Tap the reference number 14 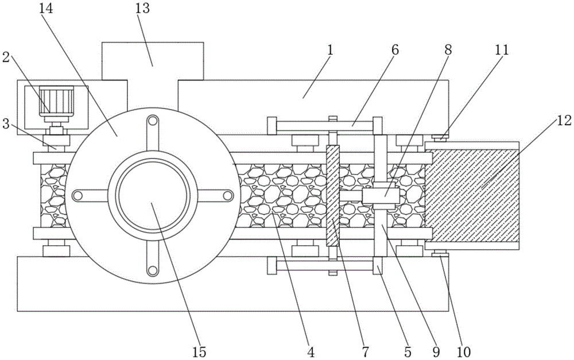[x=46, y=8]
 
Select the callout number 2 [x=6, y=57]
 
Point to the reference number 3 [x=6, y=123]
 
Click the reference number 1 [x=330, y=50]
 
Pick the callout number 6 [x=395, y=50]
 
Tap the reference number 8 [x=448, y=49]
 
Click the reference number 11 [x=502, y=49]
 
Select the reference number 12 [x=564, y=121]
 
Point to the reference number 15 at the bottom [x=199, y=351]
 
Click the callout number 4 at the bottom [x=311, y=351]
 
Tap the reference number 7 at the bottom [x=365, y=351]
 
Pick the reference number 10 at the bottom [x=463, y=351]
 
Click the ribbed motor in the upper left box [x=56, y=100]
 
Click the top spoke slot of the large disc [x=153, y=133]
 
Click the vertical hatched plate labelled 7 [x=333, y=196]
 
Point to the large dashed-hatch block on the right [x=472, y=196]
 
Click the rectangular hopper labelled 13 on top [x=153, y=61]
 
